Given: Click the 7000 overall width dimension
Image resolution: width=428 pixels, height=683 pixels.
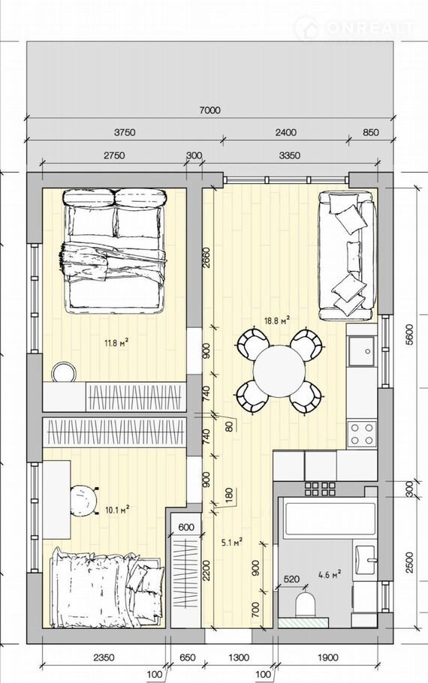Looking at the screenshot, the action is (209, 110).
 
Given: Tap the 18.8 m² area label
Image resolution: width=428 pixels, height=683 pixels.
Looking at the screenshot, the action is (277, 321).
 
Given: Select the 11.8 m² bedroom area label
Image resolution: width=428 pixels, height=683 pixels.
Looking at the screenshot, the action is (116, 343).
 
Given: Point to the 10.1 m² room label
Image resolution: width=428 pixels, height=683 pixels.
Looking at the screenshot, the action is (117, 510).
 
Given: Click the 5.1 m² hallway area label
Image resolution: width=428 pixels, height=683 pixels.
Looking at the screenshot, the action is (232, 543).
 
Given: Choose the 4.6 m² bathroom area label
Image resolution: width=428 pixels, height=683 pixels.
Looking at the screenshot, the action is (330, 574).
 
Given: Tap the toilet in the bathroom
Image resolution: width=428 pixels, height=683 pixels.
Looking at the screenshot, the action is (305, 603).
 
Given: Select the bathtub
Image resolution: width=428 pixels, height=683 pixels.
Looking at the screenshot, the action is (330, 519).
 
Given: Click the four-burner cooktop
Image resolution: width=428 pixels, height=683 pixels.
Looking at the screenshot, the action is (361, 433).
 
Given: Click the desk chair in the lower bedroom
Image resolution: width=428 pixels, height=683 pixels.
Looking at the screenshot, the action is (83, 501).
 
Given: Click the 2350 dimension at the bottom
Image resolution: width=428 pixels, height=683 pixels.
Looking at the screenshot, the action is (104, 657).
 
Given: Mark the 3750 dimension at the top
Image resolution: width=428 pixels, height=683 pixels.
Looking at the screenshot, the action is (125, 132).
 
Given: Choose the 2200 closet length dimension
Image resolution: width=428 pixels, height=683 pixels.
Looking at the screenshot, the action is (206, 570).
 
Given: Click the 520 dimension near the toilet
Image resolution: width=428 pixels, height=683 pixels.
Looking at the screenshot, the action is (291, 579).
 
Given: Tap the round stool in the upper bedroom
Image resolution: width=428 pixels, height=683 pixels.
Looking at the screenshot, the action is (64, 372).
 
